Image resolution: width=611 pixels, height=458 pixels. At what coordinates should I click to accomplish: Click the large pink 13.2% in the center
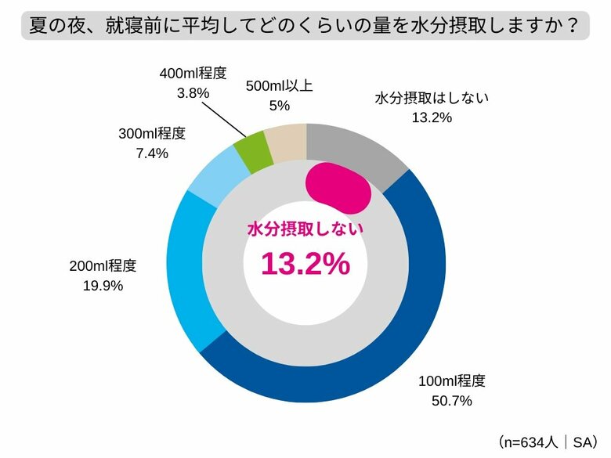305,265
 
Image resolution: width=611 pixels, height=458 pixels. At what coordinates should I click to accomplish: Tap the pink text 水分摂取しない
305,229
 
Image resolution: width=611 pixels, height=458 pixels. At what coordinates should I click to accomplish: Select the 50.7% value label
452,402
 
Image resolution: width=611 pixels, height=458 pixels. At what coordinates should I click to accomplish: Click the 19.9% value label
103,286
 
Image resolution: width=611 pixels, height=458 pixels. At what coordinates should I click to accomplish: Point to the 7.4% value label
152,153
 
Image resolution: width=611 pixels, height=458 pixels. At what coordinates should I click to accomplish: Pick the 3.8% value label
193,93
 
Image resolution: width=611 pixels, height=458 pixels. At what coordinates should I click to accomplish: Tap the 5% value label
279,106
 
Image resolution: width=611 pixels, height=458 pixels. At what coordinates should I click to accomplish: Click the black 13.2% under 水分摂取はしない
432,117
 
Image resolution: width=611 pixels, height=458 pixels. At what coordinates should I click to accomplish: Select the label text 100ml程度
452,382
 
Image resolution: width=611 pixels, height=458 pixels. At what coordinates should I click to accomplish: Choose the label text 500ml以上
279,86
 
